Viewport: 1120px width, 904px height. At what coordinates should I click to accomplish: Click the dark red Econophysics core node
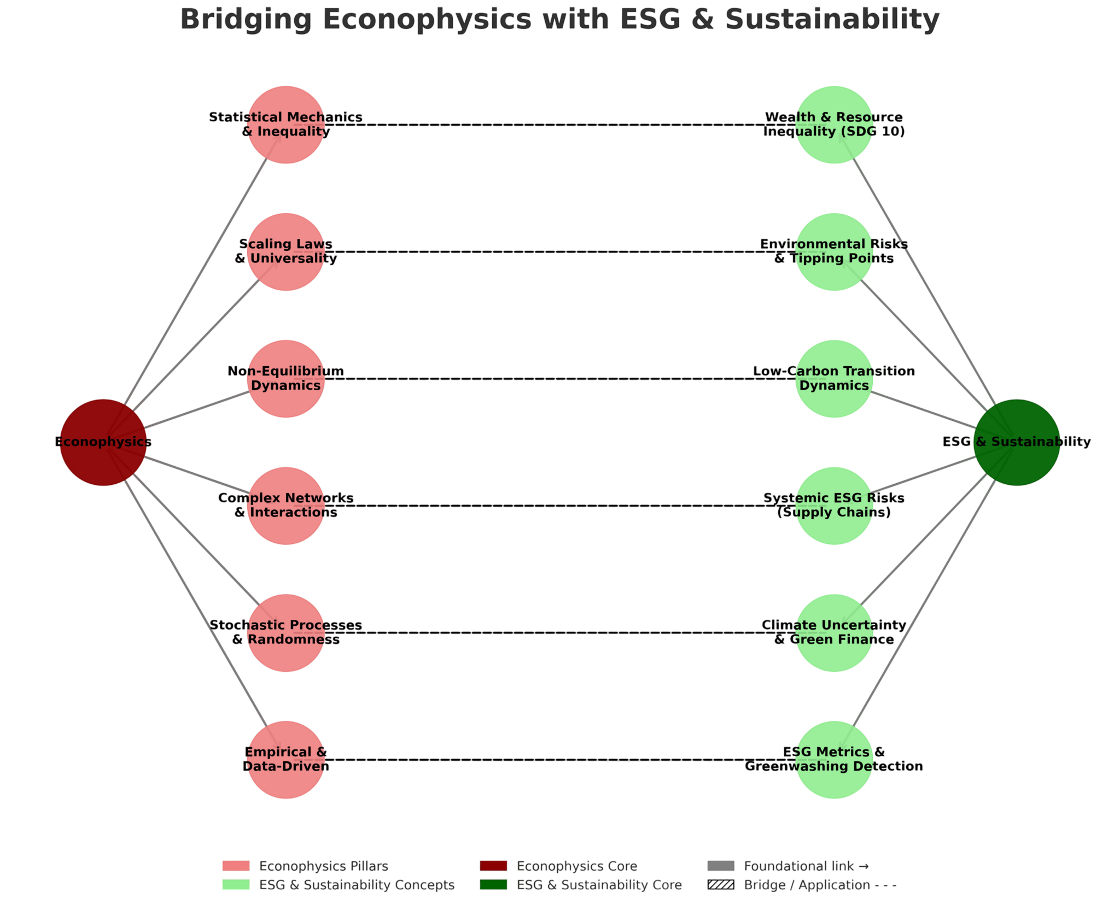coord(103,442)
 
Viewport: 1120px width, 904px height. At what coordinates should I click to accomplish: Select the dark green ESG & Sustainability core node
coord(1017,442)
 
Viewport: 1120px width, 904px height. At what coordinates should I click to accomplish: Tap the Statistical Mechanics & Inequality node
coord(285,125)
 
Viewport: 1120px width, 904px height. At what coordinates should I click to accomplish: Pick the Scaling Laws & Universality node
coord(285,252)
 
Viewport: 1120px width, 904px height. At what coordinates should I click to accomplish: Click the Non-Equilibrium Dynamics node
coord(285,379)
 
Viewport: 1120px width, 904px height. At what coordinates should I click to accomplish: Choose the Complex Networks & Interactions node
coord(285,506)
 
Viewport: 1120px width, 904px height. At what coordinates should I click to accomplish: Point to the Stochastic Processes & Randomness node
coord(285,633)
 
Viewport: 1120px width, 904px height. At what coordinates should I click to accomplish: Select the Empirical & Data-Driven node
coord(285,760)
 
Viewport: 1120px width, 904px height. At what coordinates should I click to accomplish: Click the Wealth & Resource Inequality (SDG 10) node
coord(834,125)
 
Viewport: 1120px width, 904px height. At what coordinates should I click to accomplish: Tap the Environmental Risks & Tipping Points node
coord(834,252)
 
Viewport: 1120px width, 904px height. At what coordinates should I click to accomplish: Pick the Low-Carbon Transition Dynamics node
coord(834,379)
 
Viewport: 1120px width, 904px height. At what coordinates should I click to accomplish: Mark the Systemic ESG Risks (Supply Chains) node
coord(834,506)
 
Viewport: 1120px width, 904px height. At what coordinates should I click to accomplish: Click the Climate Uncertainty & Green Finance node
coord(834,633)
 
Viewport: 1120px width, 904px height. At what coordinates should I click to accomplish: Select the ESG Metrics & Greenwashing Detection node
coord(834,760)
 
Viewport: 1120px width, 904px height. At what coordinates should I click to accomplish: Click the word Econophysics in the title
coord(427,19)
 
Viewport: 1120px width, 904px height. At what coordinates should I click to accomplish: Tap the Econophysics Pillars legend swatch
coord(236,866)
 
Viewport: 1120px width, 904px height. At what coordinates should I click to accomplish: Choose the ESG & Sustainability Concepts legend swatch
coord(236,884)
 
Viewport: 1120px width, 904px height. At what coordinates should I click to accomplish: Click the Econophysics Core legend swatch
coord(493,866)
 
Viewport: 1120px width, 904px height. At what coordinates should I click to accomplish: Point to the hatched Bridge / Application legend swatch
coord(720,884)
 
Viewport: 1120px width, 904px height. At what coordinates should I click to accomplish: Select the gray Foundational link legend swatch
coord(720,866)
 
